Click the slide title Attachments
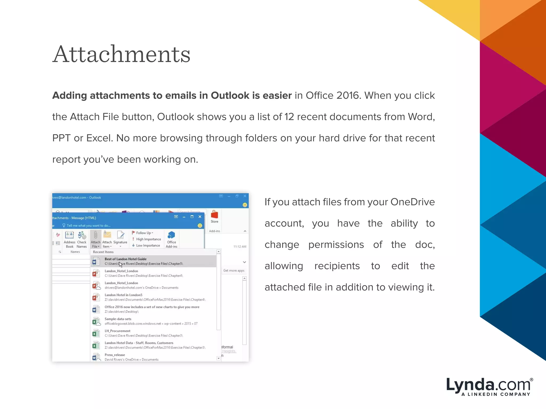121,54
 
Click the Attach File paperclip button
95,239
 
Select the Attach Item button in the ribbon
107,239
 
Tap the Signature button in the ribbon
120,238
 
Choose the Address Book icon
69,239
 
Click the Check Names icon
82,239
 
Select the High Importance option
148,239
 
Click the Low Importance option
148,246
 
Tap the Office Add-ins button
171,239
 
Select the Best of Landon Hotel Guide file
125,259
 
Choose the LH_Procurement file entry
117,331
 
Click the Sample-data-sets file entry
118,319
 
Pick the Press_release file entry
115,355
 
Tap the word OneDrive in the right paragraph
412,202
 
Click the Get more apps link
234,271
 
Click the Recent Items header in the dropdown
103,252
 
